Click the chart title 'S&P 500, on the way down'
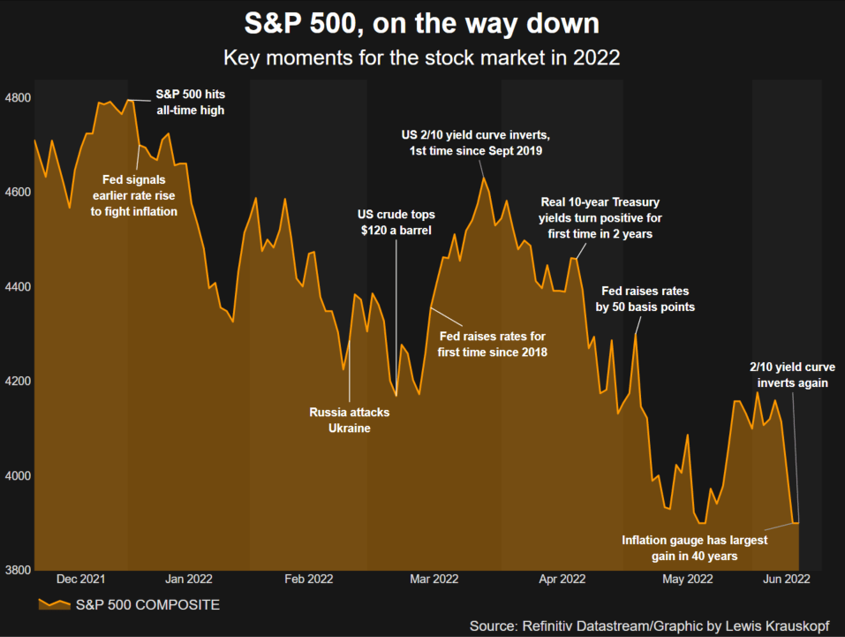coord(421,21)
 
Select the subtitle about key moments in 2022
coord(421,59)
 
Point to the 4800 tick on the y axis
coord(18,98)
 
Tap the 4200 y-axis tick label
coord(18,382)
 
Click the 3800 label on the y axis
coord(18,570)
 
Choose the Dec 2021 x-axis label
coord(80,580)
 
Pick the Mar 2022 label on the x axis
coord(434,580)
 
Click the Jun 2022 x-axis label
coord(787,580)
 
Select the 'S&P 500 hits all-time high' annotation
coord(190,102)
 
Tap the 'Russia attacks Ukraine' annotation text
coord(349,421)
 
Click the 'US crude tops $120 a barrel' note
coord(396,223)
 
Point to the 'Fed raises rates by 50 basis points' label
coord(645,299)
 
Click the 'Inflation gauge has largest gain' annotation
coord(694,548)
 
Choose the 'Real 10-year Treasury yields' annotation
coord(600,218)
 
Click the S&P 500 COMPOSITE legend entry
coord(130,605)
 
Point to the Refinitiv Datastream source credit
coord(649,626)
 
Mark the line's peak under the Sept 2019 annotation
coord(484,178)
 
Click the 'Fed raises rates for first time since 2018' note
coord(493,345)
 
